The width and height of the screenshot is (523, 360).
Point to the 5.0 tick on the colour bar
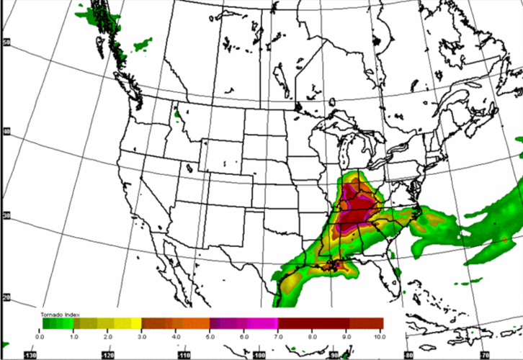tap(210, 336)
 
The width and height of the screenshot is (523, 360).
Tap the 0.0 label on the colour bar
tap(40, 336)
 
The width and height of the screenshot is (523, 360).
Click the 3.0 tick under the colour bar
tap(141, 336)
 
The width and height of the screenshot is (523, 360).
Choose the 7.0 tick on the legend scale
tap(278, 336)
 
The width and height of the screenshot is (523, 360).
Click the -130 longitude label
tap(30, 355)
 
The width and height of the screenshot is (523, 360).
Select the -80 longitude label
tap(408, 354)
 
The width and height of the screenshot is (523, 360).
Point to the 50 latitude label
tap(6, 42)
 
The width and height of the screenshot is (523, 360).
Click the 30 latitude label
tap(6, 215)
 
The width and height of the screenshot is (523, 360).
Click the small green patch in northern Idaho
tap(176, 114)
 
